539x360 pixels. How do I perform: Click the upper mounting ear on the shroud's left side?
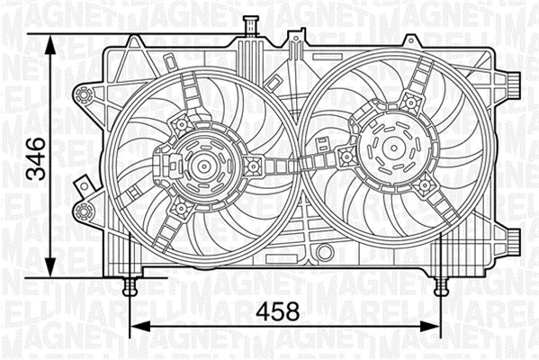(85, 97)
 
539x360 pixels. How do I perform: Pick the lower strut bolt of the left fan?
(180, 209)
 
